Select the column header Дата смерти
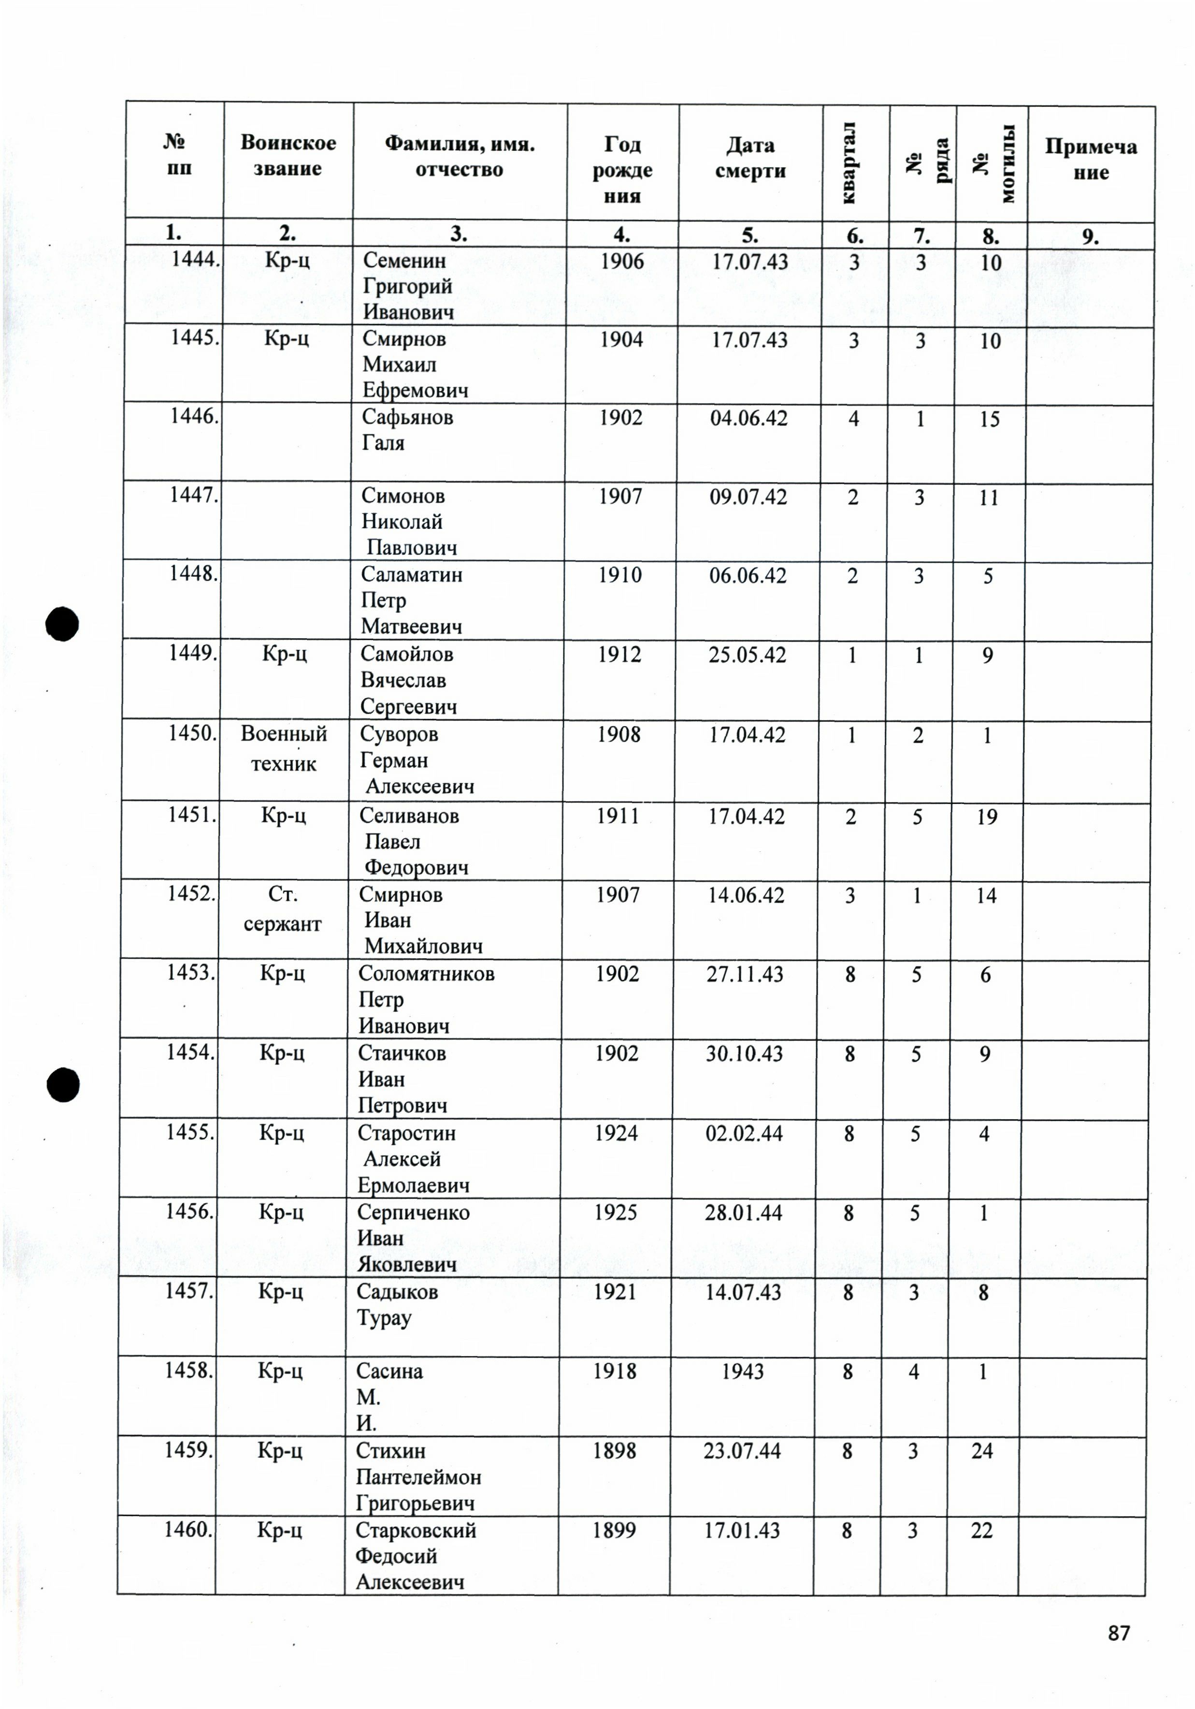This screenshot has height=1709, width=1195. (x=750, y=158)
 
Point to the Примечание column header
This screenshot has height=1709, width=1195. (x=1090, y=159)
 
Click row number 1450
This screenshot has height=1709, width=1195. (x=192, y=733)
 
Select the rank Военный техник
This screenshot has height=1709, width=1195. (x=284, y=749)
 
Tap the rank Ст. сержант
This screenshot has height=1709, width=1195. (x=282, y=909)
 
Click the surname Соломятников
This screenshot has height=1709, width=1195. (x=426, y=974)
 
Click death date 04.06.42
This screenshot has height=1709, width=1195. (x=748, y=418)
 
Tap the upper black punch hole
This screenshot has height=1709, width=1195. (x=62, y=624)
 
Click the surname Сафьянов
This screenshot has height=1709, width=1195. (x=407, y=417)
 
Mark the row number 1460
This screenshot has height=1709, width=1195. (x=188, y=1530)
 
